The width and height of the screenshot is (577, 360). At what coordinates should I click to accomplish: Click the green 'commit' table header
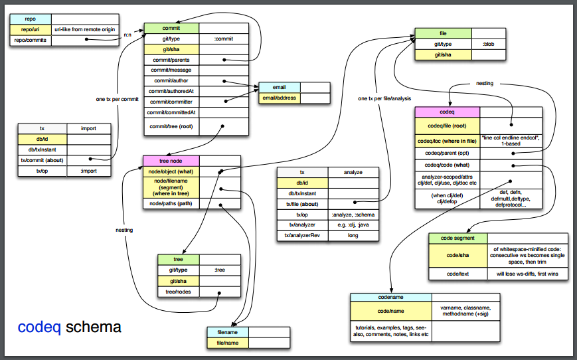click(x=171, y=29)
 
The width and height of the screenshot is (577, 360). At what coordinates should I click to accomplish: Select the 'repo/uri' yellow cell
click(x=31, y=29)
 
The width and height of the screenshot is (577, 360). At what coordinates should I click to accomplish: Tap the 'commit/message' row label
click(x=171, y=70)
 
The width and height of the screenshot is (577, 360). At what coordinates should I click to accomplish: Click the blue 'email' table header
click(x=279, y=88)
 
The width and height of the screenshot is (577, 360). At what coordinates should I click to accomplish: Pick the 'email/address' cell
click(x=279, y=98)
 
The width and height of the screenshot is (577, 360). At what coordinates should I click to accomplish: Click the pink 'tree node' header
click(x=171, y=161)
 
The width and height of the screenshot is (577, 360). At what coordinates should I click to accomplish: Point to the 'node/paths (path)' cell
click(x=171, y=203)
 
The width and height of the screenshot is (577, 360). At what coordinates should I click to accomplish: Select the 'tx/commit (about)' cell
click(x=42, y=160)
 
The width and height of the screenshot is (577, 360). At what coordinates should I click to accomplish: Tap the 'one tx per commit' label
click(x=117, y=99)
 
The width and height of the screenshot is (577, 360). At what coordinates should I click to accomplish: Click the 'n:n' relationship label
click(x=129, y=35)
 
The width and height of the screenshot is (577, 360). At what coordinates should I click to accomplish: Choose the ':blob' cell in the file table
click(x=487, y=44)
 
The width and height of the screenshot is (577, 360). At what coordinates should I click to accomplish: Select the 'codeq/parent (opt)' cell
click(x=447, y=153)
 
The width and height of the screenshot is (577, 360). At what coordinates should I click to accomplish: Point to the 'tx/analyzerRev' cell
click(x=303, y=236)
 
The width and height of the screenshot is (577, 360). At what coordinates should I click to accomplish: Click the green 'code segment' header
click(x=458, y=238)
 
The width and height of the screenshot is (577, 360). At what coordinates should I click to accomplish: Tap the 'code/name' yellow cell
click(x=390, y=311)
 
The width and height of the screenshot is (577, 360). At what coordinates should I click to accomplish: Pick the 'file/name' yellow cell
click(x=228, y=343)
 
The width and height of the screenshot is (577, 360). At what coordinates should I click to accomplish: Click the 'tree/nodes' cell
click(x=179, y=292)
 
